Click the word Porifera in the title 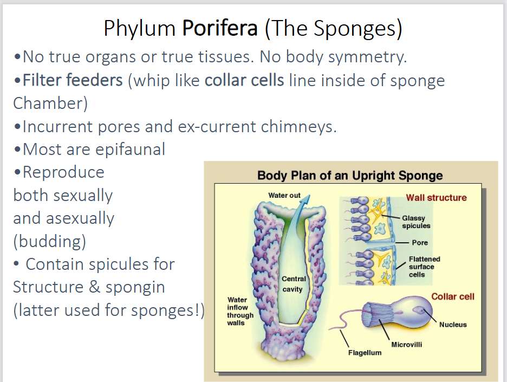coord(220,28)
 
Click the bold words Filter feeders coord(73,81)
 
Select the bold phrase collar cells coord(244,81)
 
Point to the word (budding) coord(49,241)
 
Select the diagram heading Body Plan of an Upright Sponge coord(350,176)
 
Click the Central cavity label coord(294,283)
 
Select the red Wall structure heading coord(436,197)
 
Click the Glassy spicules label coord(416,222)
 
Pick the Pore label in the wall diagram coord(420,242)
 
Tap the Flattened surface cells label coord(424,267)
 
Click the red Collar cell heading coord(452,296)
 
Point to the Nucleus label coord(452,325)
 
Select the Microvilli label coord(406,344)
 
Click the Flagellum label coord(364,353)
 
